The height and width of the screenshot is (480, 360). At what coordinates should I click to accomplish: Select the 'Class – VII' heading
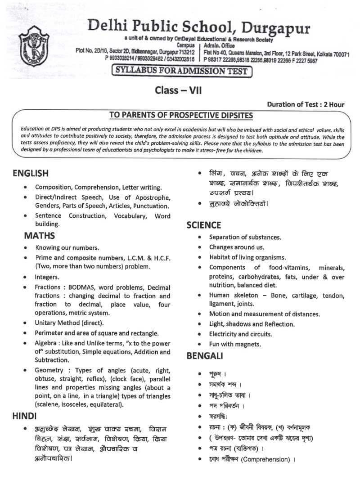click(x=178, y=90)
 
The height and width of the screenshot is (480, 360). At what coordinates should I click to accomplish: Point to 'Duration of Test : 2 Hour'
click(x=306, y=104)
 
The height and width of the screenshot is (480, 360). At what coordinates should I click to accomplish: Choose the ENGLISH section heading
click(x=31, y=173)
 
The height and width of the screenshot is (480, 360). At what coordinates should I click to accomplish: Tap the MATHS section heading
click(x=40, y=235)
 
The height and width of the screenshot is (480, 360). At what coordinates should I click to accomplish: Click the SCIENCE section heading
click(x=204, y=225)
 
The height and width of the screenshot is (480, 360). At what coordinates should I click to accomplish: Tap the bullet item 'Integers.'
click(x=47, y=277)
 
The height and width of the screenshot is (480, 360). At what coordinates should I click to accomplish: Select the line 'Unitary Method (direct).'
click(x=69, y=323)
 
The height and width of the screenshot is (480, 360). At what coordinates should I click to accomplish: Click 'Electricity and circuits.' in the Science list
click(x=241, y=334)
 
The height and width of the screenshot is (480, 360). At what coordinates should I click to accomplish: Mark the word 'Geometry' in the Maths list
click(x=49, y=370)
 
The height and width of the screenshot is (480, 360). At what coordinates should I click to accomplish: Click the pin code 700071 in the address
click(x=338, y=54)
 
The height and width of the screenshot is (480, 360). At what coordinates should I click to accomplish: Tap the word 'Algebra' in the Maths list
click(x=47, y=343)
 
